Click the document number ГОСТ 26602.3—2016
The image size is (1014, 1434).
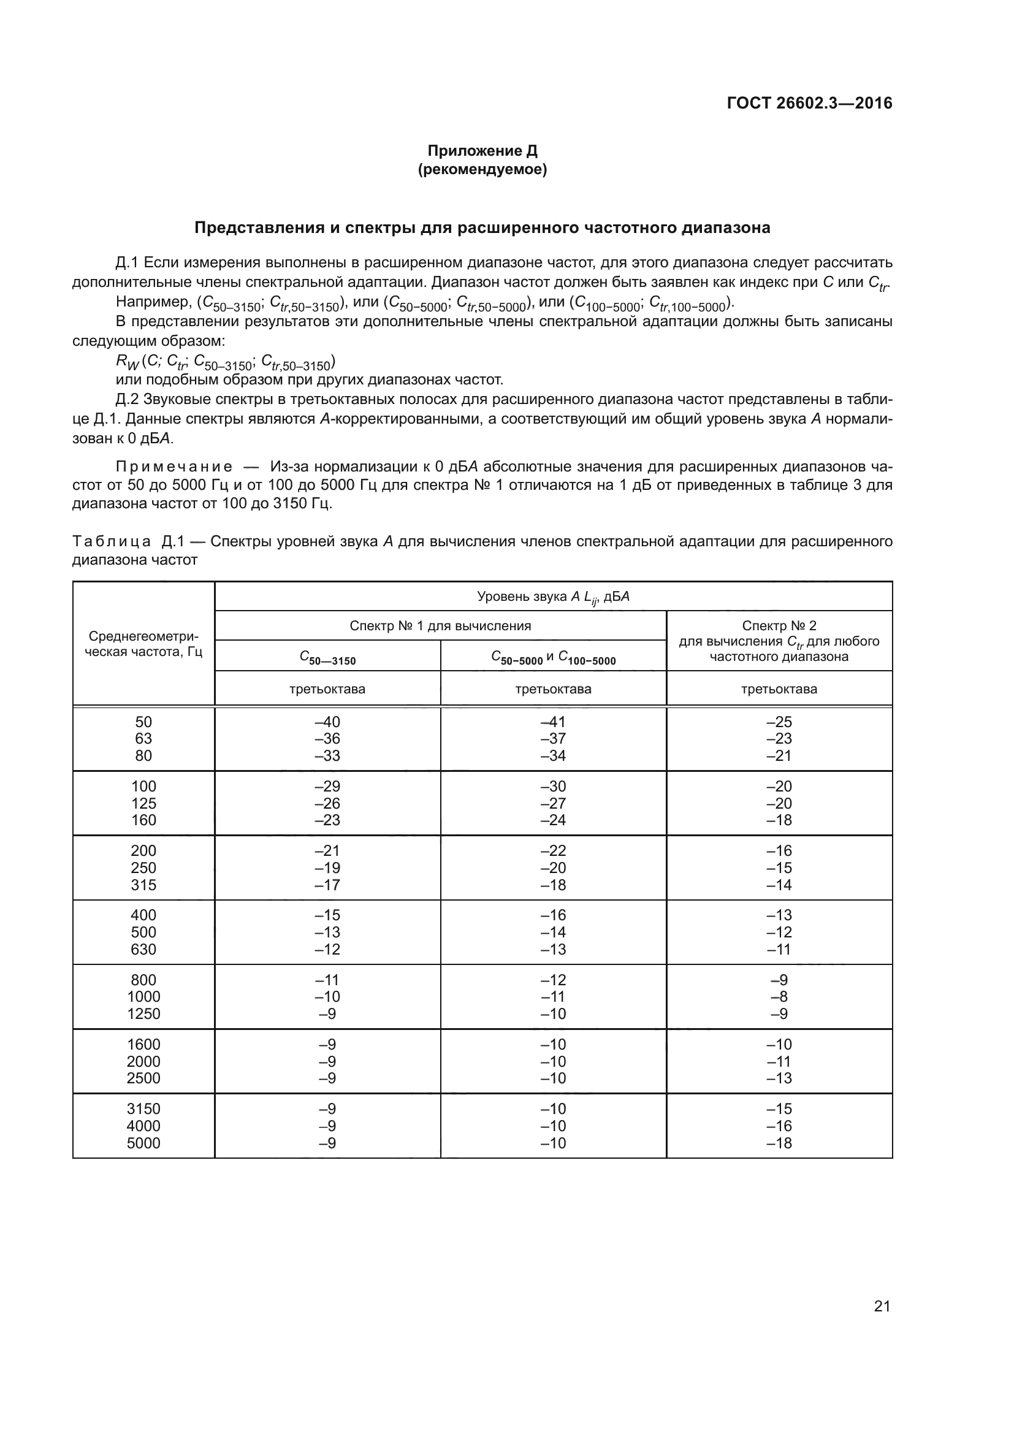click(x=809, y=103)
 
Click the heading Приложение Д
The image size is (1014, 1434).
click(x=482, y=151)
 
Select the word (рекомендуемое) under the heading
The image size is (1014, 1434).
click(x=482, y=169)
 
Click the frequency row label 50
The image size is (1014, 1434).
click(x=143, y=722)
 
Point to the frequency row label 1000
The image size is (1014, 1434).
click(x=143, y=997)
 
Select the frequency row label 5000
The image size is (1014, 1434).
click(x=143, y=1143)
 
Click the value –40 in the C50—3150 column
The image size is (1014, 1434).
click(x=327, y=722)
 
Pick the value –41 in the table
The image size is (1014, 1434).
click(x=553, y=722)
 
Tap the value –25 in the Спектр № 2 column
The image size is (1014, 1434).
click(x=779, y=722)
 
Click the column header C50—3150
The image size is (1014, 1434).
click(x=327, y=657)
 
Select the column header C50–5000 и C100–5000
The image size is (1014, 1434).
click(x=553, y=657)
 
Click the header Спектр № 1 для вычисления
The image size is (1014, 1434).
click(x=440, y=626)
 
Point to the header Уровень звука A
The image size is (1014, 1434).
click(x=553, y=597)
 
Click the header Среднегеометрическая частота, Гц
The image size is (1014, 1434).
click(x=143, y=644)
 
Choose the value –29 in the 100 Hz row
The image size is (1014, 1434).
click(x=327, y=787)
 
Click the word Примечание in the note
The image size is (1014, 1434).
click(x=174, y=467)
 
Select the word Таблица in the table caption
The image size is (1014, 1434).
click(x=112, y=541)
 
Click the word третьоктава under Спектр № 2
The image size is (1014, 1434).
click(x=779, y=689)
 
